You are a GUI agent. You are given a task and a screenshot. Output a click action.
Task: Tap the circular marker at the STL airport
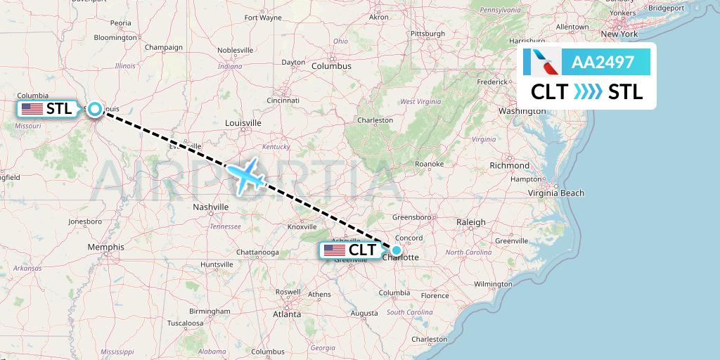pyautogui.click(x=94, y=108)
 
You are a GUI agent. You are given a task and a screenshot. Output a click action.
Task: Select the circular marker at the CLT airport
pyautogui.click(x=397, y=250)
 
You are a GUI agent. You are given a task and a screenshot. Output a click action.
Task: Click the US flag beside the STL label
pyautogui.click(x=32, y=109)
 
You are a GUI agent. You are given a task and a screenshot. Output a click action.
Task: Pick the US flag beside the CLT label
pyautogui.click(x=334, y=250)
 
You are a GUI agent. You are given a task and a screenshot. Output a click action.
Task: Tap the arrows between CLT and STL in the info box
pyautogui.click(x=588, y=92)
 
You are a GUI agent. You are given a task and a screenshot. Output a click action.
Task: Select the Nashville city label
pyautogui.click(x=211, y=207)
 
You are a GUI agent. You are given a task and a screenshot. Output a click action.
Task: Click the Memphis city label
pyautogui.click(x=106, y=247)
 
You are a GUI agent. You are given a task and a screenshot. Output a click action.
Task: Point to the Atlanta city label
pyautogui.click(x=288, y=314)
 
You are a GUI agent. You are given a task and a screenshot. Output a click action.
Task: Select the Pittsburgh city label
pyautogui.click(x=428, y=34)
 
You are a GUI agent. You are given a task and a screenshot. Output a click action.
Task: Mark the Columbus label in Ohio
pyautogui.click(x=331, y=66)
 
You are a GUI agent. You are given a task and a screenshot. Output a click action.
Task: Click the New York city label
pyautogui.click(x=619, y=34)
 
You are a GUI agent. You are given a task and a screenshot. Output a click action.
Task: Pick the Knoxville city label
pyautogui.click(x=302, y=226)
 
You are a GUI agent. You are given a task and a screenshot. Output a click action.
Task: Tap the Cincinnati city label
pyautogui.click(x=283, y=101)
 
